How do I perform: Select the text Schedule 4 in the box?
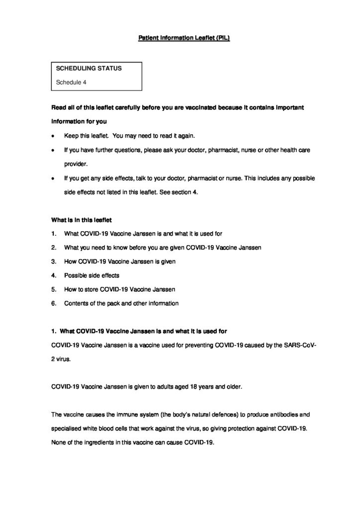[71, 83]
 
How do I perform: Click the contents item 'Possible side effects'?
[91, 275]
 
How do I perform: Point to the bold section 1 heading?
[140, 331]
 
